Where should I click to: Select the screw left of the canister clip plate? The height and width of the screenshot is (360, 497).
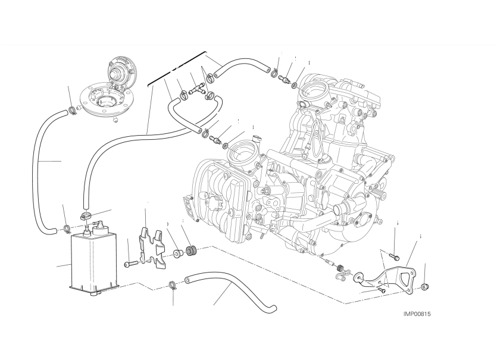(x=132, y=263)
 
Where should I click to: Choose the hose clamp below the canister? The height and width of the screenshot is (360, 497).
(x=171, y=285)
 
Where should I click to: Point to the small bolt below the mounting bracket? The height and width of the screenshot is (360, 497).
(x=382, y=290)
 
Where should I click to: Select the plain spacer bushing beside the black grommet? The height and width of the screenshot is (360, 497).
(x=177, y=255)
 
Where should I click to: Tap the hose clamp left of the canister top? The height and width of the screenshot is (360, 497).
(x=67, y=227)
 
